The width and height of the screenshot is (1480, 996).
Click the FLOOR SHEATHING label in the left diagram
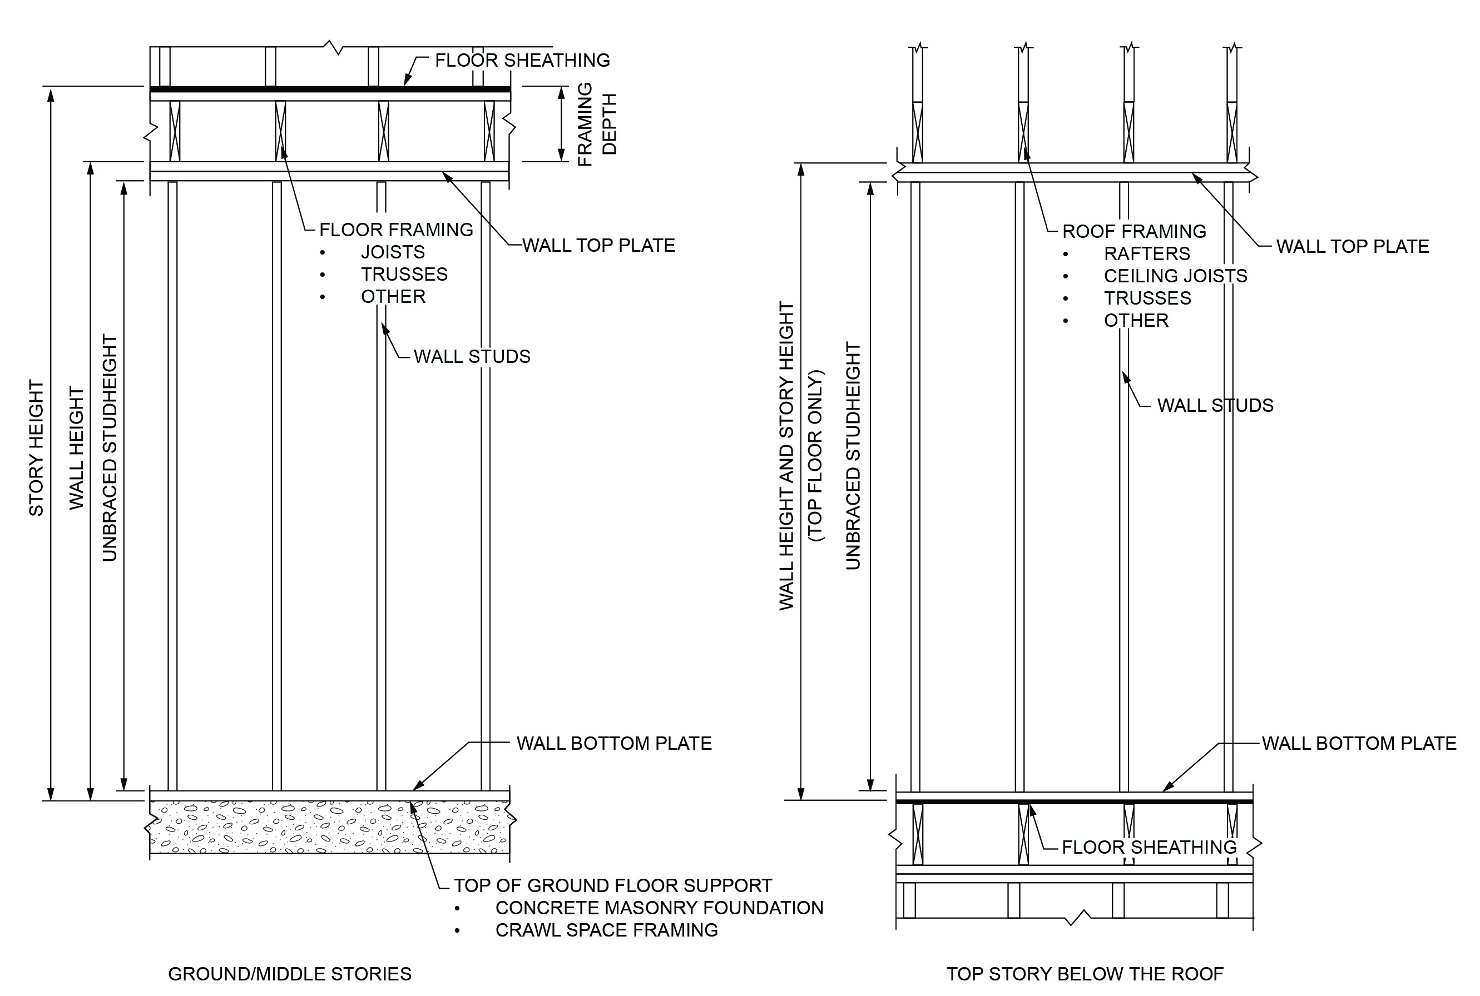(522, 61)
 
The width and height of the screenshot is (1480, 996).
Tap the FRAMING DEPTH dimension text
(597, 124)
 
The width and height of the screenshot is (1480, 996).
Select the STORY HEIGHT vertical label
(36, 448)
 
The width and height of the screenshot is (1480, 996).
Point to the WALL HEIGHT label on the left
(76, 448)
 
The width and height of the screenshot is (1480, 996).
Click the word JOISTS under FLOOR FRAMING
(393, 252)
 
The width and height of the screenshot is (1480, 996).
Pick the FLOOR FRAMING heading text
(396, 230)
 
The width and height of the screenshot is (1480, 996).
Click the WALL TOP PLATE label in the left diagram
(598, 246)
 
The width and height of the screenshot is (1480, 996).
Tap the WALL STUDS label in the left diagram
(472, 357)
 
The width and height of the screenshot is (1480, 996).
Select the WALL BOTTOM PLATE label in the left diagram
(614, 743)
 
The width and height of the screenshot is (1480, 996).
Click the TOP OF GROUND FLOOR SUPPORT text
(612, 885)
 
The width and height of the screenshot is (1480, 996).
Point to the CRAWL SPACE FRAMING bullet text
(606, 930)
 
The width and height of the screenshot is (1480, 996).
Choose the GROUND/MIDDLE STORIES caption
(290, 974)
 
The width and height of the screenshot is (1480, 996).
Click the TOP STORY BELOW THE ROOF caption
(1085, 974)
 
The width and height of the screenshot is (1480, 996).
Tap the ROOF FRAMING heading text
(1134, 231)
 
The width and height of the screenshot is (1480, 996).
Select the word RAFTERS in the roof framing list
(1146, 254)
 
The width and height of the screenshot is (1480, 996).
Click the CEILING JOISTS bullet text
(1175, 276)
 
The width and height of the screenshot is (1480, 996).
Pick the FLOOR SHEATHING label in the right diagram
(1149, 848)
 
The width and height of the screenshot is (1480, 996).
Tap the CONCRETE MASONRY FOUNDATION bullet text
(659, 908)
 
